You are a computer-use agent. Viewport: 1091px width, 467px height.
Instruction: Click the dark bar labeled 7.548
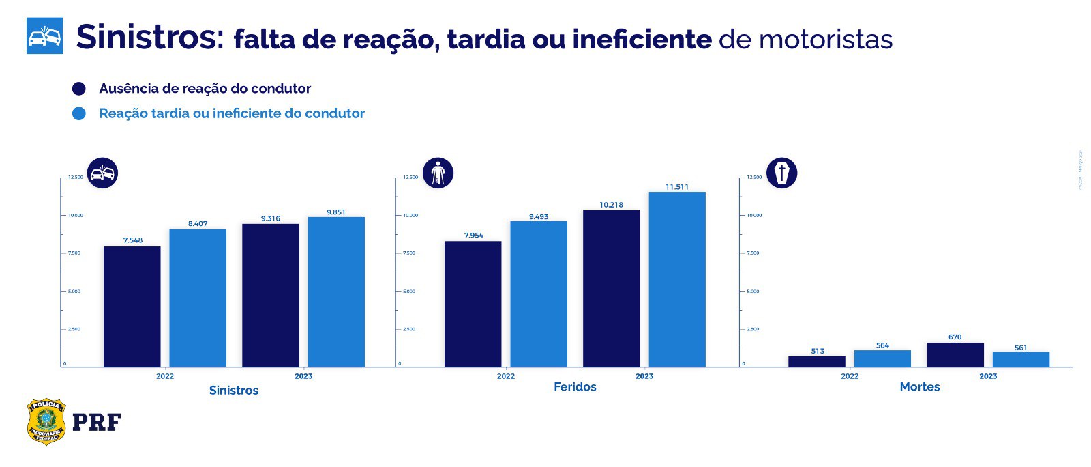[x=132, y=307]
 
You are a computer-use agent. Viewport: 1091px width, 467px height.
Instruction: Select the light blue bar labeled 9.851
[x=336, y=292]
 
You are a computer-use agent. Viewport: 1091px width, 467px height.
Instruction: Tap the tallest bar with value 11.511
[x=677, y=279]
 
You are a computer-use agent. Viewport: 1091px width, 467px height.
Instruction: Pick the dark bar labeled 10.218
[x=612, y=288]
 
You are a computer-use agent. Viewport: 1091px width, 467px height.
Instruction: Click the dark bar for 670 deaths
[x=955, y=354]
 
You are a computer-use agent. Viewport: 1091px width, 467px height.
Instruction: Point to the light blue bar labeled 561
[x=1021, y=359]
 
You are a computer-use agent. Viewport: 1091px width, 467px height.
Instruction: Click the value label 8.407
[x=198, y=224]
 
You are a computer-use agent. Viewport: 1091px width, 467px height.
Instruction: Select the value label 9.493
[x=539, y=217]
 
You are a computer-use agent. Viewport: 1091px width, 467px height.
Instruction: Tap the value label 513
[x=818, y=351]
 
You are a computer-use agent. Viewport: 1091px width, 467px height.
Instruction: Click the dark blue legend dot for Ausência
[x=79, y=89]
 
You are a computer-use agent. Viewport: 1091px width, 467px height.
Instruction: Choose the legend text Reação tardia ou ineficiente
[x=232, y=113]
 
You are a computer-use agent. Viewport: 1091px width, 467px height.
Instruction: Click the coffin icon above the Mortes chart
[x=781, y=173]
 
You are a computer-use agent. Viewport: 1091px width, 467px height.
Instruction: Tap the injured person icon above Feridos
[x=438, y=173]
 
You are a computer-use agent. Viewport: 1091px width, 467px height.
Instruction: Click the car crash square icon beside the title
[x=44, y=36]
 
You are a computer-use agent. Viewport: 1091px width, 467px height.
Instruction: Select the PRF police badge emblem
[x=46, y=422]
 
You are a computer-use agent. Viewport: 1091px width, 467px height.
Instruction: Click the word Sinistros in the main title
[x=150, y=38]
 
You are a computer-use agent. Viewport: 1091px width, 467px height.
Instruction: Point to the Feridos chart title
[x=575, y=386]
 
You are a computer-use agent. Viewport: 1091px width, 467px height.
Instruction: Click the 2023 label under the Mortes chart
[x=987, y=376]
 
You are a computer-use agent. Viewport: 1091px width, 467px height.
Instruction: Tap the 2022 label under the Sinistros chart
[x=165, y=376]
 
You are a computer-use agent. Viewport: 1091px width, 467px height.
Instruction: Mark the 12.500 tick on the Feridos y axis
[x=410, y=178]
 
